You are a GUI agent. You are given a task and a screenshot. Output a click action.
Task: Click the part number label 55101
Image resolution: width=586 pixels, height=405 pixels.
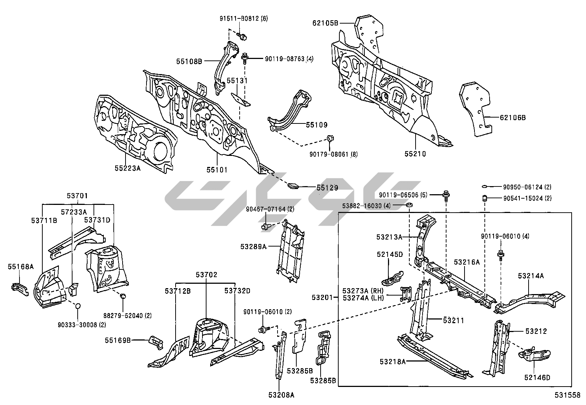coord(217,170)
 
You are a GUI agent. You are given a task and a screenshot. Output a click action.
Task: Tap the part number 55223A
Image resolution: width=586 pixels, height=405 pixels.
coord(127,168)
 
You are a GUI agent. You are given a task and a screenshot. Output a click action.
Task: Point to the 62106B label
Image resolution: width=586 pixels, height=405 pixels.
coord(512,118)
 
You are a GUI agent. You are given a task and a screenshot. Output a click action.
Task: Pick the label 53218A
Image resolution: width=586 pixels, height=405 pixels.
coord(393,362)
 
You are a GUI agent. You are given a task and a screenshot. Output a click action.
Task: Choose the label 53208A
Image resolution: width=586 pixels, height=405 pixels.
coord(281,395)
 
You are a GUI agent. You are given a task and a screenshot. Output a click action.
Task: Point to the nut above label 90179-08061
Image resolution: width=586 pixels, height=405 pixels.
coord(330,140)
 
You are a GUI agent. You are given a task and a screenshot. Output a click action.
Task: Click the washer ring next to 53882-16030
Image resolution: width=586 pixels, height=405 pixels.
coord(409,205)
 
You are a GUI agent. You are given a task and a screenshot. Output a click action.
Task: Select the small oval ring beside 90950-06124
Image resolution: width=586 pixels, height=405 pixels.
coord(485,187)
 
